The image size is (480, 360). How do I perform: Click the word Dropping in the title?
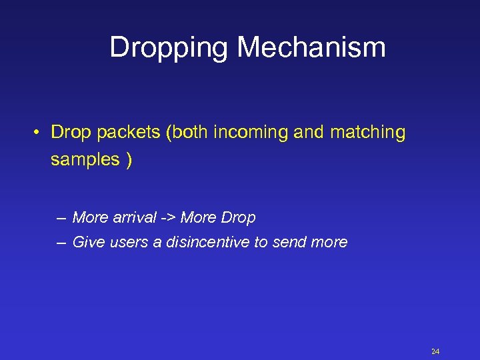169,47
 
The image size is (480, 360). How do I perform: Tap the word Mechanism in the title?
311,47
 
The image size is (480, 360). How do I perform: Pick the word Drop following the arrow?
238,217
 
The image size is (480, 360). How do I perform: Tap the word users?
128,242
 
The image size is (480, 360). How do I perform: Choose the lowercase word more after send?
329,242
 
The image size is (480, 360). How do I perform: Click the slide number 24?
435,351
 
